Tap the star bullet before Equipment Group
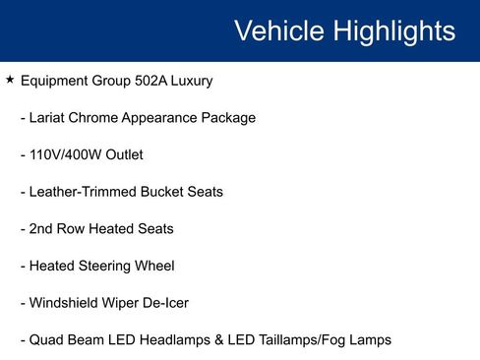coord(10,80)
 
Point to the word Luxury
coord(192,81)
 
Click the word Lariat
coord(50,118)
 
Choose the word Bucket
coord(163,192)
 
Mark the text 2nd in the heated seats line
coord(42,229)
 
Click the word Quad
coord(45,340)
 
